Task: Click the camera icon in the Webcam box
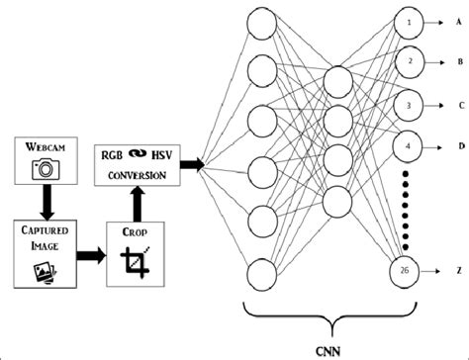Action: pyautogui.click(x=43, y=170)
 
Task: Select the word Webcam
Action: pyautogui.click(x=43, y=149)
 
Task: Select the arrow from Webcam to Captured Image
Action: pyautogui.click(x=43, y=203)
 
